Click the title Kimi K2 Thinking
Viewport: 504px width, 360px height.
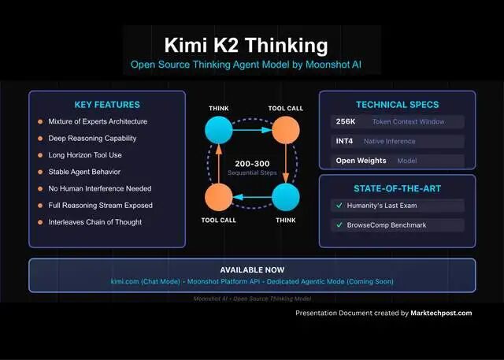click(246, 43)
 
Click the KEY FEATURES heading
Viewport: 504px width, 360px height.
click(107, 105)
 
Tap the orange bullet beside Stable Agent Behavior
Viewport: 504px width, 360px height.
click(39, 172)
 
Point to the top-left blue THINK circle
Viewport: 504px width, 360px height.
click(219, 129)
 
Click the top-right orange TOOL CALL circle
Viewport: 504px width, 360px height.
click(286, 129)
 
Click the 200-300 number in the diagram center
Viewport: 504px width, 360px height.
click(252, 163)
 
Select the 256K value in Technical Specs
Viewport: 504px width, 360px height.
click(345, 122)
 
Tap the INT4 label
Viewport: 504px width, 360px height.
click(344, 142)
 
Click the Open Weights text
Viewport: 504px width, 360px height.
click(361, 161)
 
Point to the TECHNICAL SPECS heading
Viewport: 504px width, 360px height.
click(397, 105)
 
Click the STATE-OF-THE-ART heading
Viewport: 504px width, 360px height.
click(397, 188)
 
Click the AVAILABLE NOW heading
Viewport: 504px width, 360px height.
click(252, 269)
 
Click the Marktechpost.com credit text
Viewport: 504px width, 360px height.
click(442, 313)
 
